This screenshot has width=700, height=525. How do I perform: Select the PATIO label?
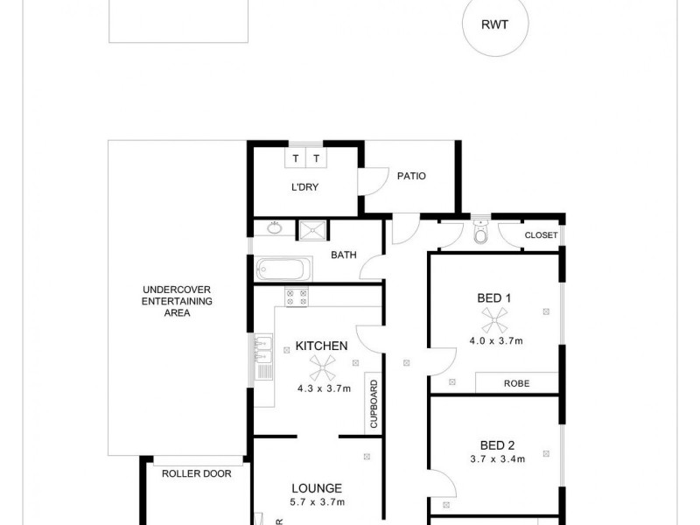point(410,176)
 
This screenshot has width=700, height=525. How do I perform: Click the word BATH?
point(342,255)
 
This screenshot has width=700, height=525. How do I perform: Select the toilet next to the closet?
point(479,234)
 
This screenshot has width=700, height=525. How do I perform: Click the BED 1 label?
point(494,297)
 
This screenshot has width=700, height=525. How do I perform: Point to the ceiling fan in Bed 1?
point(495,319)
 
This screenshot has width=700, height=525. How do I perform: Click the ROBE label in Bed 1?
point(515,383)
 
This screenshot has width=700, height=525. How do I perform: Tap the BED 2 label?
point(496,443)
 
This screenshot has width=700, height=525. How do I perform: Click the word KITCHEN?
point(322,346)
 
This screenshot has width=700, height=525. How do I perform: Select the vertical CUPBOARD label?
point(373,404)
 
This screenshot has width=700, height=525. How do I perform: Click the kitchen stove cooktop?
point(296,297)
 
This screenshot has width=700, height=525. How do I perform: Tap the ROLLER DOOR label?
point(196,473)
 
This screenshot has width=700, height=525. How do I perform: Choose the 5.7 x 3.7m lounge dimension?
point(317,502)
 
